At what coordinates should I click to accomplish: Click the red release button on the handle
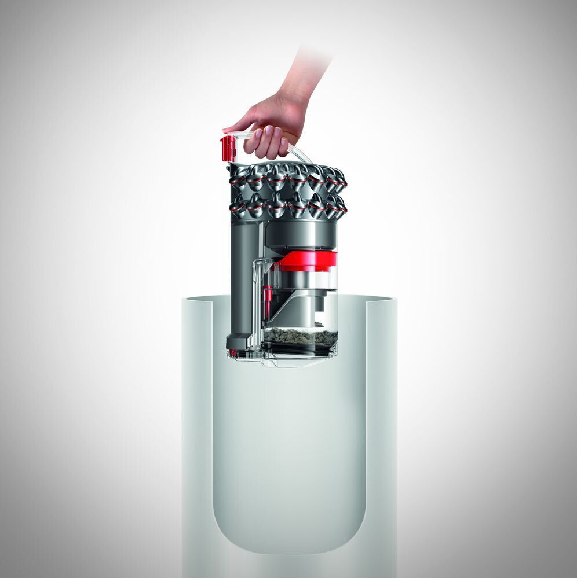(x=228, y=148)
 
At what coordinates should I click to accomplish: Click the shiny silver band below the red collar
(x=307, y=279)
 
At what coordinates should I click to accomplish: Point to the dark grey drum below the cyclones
(x=301, y=234)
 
